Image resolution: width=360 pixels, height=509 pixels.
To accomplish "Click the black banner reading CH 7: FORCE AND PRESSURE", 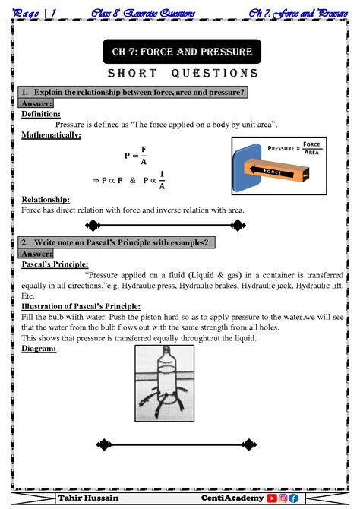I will pos(182,52).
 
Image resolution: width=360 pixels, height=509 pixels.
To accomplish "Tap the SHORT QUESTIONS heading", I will pos(182,74).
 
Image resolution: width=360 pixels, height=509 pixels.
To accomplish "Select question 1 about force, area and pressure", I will pos(132,92).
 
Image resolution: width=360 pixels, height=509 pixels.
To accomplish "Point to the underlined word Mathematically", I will pos(51,134).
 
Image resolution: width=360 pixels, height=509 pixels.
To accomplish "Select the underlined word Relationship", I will pos(46,199).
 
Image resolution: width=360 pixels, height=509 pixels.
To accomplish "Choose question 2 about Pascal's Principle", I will pos(118,242).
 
